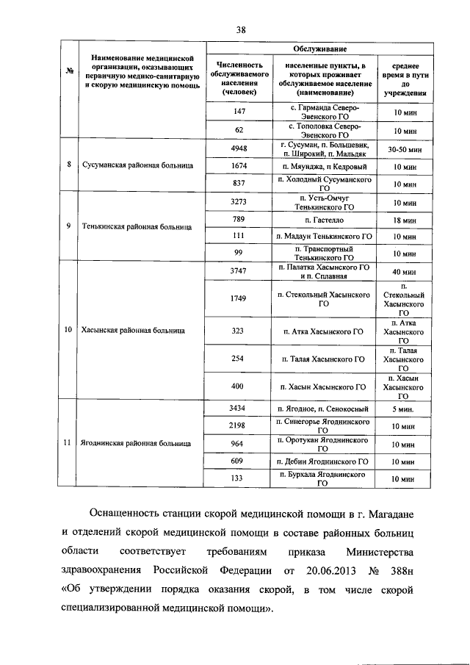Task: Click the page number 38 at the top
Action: pos(241,29)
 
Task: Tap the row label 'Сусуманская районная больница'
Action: pos(138,165)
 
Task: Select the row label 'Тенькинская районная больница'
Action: pos(138,226)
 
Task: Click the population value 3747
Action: pos(238,271)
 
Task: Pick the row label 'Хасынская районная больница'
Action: pos(134,330)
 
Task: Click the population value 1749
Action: pos(238,298)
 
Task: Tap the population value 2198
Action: pos(238,425)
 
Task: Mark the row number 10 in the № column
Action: pos(68,330)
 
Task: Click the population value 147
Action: pos(238,111)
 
